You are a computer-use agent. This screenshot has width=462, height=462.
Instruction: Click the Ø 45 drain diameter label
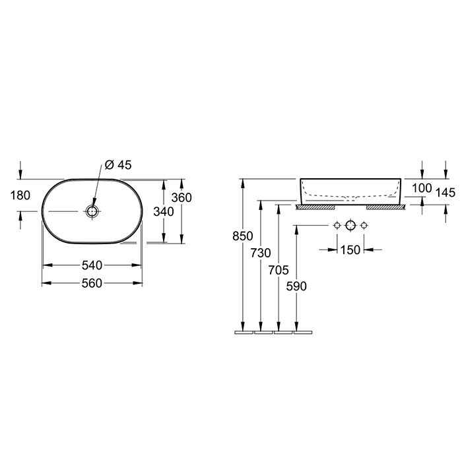(x=118, y=165)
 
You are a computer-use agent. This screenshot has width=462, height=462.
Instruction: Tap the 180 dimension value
(x=20, y=195)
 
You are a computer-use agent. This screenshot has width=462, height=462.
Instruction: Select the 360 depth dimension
(x=181, y=197)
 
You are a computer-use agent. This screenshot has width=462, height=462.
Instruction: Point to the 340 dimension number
(x=164, y=212)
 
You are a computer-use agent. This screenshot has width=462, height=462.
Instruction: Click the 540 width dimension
(x=92, y=265)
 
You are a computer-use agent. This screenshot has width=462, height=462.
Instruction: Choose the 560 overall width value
(x=92, y=283)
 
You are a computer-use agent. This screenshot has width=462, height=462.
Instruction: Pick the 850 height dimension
(x=242, y=236)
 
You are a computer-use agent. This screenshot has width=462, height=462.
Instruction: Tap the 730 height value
(x=261, y=253)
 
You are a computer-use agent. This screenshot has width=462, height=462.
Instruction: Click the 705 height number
(x=279, y=270)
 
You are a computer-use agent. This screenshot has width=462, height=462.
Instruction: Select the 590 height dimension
(x=296, y=286)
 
